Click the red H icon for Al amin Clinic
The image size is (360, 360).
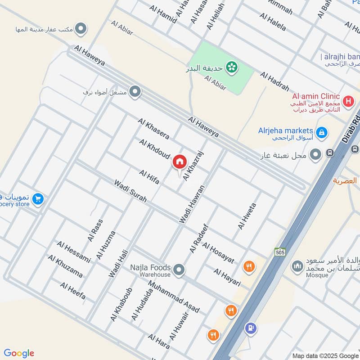pyautogui.click(x=347, y=102)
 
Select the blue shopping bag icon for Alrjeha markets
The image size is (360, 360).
pyautogui.click(x=321, y=132)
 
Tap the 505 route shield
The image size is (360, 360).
pyautogui.click(x=279, y=253)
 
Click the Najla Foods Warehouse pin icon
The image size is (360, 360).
pyautogui.click(x=179, y=270)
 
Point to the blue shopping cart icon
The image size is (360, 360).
pyautogui.click(x=38, y=198)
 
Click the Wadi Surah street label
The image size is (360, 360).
pyautogui.click(x=130, y=191)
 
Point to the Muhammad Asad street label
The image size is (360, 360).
pyautogui.click(x=174, y=297)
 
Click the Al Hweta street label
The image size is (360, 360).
pyautogui.click(x=247, y=216)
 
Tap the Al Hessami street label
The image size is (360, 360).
pyautogui.click(x=73, y=252)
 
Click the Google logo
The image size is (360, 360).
pyautogui.click(x=19, y=353)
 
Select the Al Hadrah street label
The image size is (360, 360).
pyautogui.click(x=274, y=81)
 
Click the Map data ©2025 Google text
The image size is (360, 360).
pyautogui.click(x=324, y=355)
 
